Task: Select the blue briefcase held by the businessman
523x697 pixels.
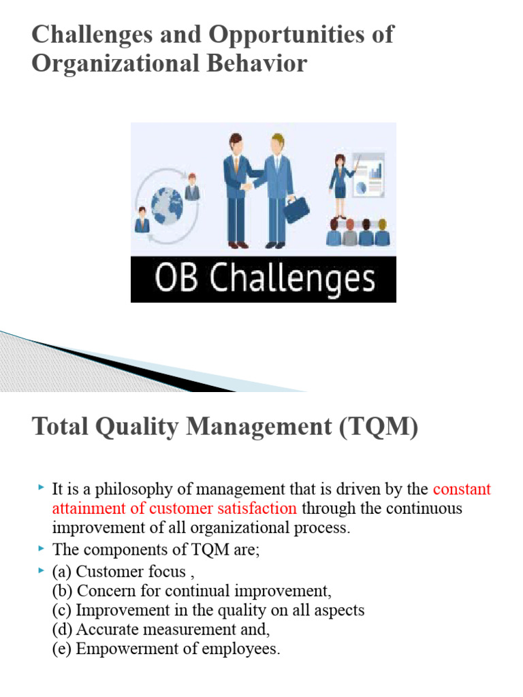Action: pos(296,209)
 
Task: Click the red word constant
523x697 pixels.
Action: pos(462,489)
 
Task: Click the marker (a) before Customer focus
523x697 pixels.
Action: pos(63,571)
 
